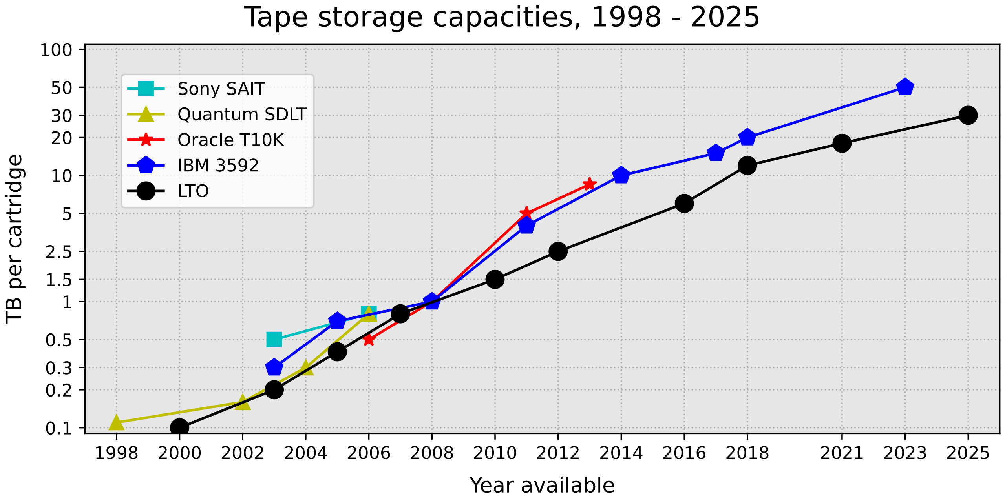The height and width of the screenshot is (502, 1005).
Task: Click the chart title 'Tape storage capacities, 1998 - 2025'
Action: tap(502, 18)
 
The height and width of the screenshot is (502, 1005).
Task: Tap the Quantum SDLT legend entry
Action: tap(241, 115)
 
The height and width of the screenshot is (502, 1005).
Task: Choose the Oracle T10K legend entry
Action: tap(230, 140)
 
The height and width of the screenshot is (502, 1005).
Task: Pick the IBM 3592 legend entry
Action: tap(218, 166)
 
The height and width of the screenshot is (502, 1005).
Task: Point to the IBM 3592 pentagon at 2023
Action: tap(905, 87)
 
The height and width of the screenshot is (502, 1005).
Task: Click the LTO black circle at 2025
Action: tap(968, 115)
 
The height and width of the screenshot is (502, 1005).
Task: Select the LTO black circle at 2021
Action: tap(842, 143)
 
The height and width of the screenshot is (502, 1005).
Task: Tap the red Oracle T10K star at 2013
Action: tap(589, 184)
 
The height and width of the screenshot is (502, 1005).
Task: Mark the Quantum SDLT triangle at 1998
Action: tap(116, 423)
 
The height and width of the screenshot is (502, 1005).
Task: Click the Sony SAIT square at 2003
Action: tap(274, 340)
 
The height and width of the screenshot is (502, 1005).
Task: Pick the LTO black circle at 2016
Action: tap(684, 204)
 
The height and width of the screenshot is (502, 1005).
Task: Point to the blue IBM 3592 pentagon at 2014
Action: tap(621, 175)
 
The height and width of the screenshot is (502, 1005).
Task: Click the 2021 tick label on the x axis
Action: tap(842, 454)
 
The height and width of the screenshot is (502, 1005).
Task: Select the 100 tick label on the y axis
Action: tap(57, 50)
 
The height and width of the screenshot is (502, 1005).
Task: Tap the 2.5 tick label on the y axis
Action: tap(59, 252)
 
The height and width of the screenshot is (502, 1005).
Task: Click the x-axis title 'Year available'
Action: tap(542, 486)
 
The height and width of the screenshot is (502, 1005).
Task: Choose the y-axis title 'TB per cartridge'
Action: tap(15, 239)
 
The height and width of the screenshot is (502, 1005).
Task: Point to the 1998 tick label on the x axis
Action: tap(116, 454)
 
